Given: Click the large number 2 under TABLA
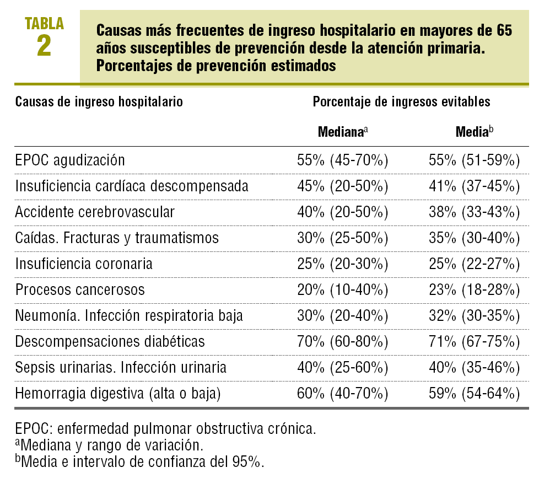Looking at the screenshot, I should [x=44, y=46].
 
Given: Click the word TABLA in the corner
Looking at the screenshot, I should [x=44, y=23].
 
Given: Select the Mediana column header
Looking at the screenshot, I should [x=342, y=132].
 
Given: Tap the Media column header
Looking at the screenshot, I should [x=474, y=132].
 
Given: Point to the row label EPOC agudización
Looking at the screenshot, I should [x=71, y=160].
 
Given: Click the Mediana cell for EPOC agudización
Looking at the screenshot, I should [x=343, y=160].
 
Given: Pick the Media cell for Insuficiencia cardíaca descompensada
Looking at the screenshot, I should [x=475, y=186].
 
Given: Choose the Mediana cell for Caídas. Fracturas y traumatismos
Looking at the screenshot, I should [x=343, y=238].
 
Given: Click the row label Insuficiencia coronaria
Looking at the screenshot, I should [x=84, y=264].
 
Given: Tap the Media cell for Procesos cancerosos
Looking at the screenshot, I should [x=475, y=290].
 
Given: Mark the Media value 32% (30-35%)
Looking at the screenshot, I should [x=475, y=316].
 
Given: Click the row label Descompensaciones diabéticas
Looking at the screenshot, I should [x=110, y=342].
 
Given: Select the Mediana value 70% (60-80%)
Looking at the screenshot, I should [x=343, y=342].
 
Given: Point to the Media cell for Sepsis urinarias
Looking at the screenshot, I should [x=475, y=368].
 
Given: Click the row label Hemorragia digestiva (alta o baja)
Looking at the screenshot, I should [x=118, y=394].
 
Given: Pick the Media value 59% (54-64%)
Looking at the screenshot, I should [x=475, y=394].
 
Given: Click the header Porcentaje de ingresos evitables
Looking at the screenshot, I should [x=401, y=102].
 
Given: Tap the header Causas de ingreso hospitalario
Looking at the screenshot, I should [x=99, y=102].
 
